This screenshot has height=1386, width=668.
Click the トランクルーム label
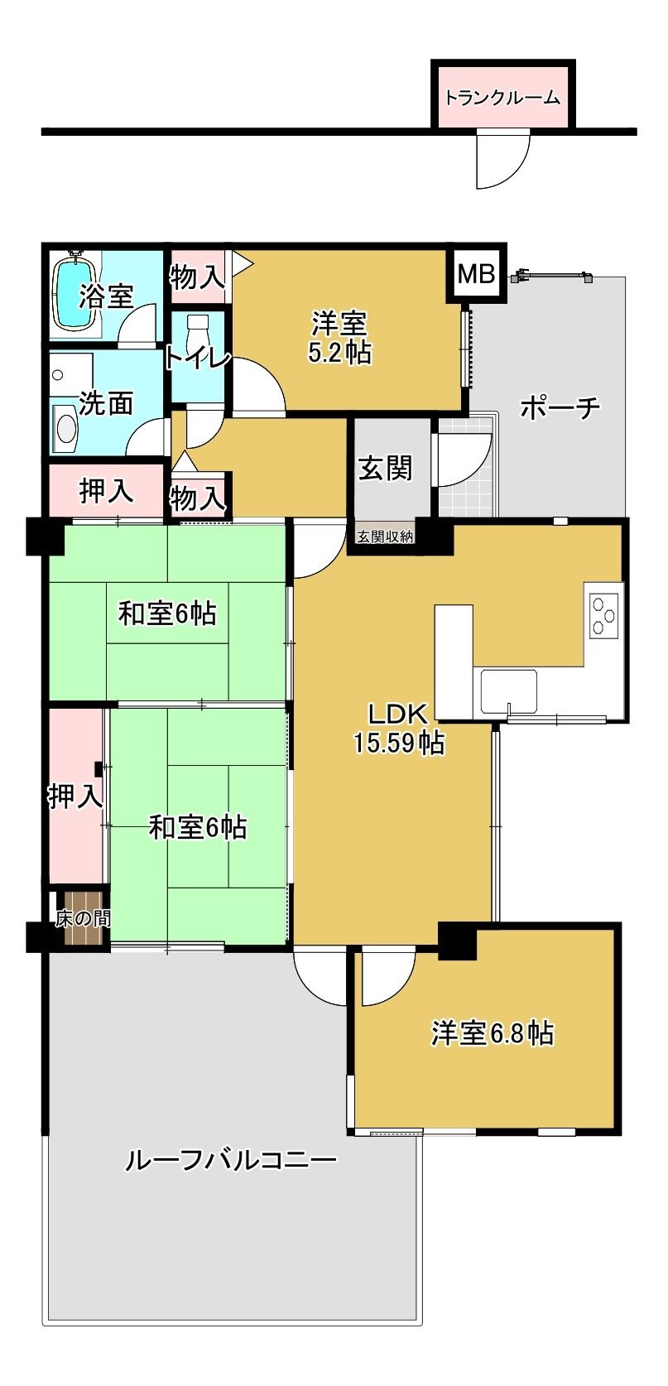click(502, 98)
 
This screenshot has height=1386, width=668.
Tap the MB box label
click(476, 274)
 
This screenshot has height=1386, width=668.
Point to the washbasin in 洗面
click(65, 429)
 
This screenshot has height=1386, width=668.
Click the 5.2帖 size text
click(339, 353)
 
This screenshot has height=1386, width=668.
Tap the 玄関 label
click(385, 469)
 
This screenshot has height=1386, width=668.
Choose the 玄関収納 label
click(385, 537)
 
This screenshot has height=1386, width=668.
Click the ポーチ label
click(560, 407)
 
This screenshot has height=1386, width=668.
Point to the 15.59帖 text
click(398, 743)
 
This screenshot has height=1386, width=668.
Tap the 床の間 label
click(83, 917)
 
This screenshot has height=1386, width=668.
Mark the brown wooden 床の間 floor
click(86, 929)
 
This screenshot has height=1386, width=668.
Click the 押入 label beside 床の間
click(74, 796)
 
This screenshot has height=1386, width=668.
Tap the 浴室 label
click(106, 296)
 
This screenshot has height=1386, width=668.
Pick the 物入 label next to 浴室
click(196, 277)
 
